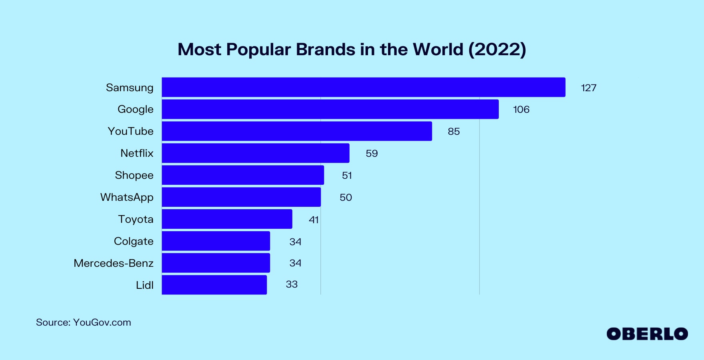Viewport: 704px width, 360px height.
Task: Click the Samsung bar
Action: (363, 87)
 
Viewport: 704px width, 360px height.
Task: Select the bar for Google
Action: (330, 109)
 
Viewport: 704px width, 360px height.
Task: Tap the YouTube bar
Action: (297, 131)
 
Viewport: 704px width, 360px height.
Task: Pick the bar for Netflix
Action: (256, 153)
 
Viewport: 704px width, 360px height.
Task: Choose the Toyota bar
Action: (227, 219)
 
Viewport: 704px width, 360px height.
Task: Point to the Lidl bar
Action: (214, 285)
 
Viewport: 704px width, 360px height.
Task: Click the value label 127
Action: (588, 88)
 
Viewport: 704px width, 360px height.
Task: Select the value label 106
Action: (521, 110)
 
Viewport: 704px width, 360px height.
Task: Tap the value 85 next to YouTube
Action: (454, 132)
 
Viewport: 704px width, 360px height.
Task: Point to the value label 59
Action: (372, 154)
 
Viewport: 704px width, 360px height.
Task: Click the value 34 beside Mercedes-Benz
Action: (295, 263)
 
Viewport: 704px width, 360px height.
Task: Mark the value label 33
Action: (292, 284)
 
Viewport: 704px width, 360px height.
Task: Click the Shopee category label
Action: (134, 175)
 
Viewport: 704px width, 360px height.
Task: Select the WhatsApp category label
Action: (127, 197)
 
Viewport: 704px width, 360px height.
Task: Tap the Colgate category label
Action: (134, 241)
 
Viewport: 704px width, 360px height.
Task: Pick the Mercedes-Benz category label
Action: (114, 263)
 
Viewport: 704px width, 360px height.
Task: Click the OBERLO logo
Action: (647, 334)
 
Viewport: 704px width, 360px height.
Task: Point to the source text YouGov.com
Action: (102, 322)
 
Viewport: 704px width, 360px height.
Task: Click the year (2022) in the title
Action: (497, 50)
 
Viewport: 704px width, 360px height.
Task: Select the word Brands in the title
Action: (326, 50)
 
